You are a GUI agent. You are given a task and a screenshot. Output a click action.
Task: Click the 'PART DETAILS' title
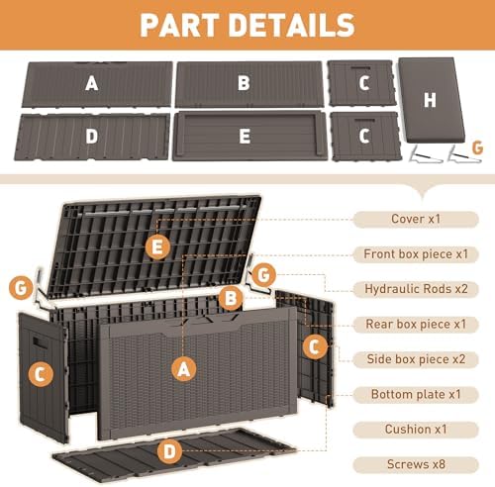(247, 25)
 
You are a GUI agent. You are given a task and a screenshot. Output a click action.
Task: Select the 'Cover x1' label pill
(416, 219)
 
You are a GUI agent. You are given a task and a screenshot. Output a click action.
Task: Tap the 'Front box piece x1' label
(416, 254)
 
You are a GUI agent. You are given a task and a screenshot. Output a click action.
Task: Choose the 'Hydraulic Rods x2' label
(416, 289)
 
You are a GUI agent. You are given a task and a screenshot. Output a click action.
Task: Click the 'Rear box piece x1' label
(416, 325)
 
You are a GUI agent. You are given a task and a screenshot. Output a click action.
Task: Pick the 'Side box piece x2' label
(416, 359)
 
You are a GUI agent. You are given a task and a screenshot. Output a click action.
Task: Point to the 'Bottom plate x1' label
(416, 394)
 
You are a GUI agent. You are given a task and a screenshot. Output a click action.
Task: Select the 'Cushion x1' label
(416, 430)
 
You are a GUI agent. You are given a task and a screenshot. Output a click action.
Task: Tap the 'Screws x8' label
(416, 464)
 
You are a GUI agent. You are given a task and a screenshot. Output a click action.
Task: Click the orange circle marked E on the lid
(157, 247)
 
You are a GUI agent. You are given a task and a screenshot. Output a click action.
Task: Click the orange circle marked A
(184, 368)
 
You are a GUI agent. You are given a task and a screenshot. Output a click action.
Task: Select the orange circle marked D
(169, 451)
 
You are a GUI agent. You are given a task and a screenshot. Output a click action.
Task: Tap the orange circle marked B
(231, 298)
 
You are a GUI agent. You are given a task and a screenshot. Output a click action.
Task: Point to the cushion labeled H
(432, 100)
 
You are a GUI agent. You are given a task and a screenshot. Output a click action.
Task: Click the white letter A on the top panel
(92, 83)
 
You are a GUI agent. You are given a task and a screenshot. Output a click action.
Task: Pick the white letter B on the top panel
(244, 83)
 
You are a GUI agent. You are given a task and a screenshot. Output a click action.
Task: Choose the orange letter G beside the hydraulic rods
(477, 147)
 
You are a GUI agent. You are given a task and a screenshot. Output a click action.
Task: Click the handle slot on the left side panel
(39, 341)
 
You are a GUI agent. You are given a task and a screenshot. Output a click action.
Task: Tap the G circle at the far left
(21, 288)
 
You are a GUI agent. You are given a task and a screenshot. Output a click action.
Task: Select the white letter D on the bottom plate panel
(92, 137)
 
